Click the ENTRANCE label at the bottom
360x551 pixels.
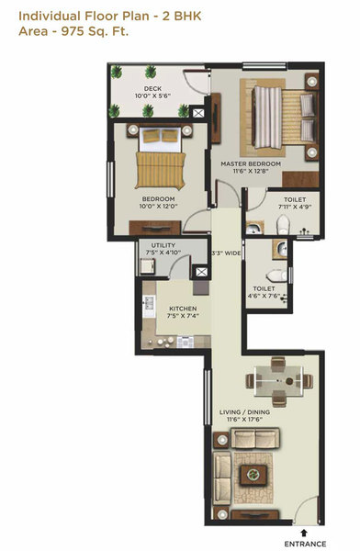coord(302,543)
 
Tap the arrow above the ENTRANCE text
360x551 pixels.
coord(302,532)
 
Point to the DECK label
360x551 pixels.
coord(152,88)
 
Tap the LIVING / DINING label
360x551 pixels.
coord(246,412)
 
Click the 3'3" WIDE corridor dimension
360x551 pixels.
coord(226,253)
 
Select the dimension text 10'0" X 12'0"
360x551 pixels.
coord(157,206)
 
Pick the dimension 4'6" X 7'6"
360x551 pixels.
coord(264,296)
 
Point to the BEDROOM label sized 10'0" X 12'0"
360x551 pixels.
coord(157,198)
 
